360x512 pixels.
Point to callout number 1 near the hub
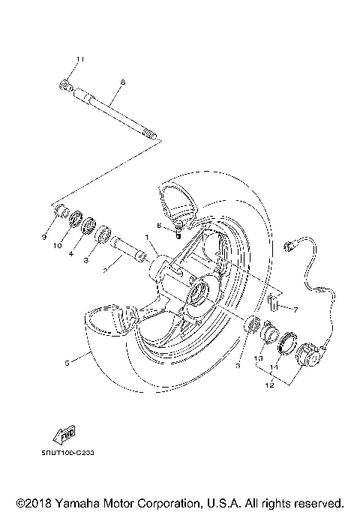pos(148,237)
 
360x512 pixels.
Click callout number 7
pos(296,309)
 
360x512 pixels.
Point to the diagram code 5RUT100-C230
pos(65,453)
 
